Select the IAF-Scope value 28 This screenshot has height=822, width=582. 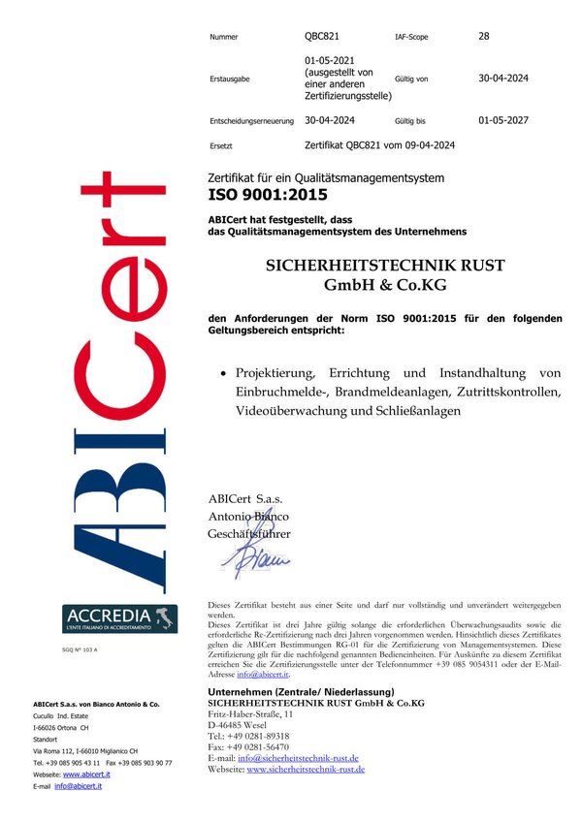tap(484, 36)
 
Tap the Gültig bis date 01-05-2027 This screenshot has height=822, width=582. tap(504, 122)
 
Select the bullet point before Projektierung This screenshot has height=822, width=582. tap(224, 373)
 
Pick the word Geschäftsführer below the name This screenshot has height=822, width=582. tap(249, 533)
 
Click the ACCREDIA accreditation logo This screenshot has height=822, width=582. tap(120, 618)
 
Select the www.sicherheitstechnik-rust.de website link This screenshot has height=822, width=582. tap(306, 769)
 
